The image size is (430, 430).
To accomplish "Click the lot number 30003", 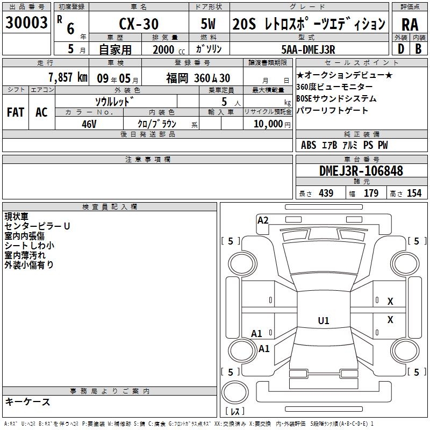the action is coord(26,23).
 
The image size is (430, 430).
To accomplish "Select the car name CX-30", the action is coord(139,24).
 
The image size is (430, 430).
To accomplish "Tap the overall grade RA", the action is coord(410,25).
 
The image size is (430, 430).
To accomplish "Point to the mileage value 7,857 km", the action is coord(68,77).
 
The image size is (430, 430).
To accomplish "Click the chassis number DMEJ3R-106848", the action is coord(361,171).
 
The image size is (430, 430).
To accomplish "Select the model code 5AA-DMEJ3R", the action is coord(308,49).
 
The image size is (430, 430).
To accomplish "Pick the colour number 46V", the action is coord(89,124).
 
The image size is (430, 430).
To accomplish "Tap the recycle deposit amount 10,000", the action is coord(268,124).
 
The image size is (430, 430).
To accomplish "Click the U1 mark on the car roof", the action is coord(324,320).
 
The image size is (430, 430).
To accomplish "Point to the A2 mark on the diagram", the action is coord(263,220).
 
